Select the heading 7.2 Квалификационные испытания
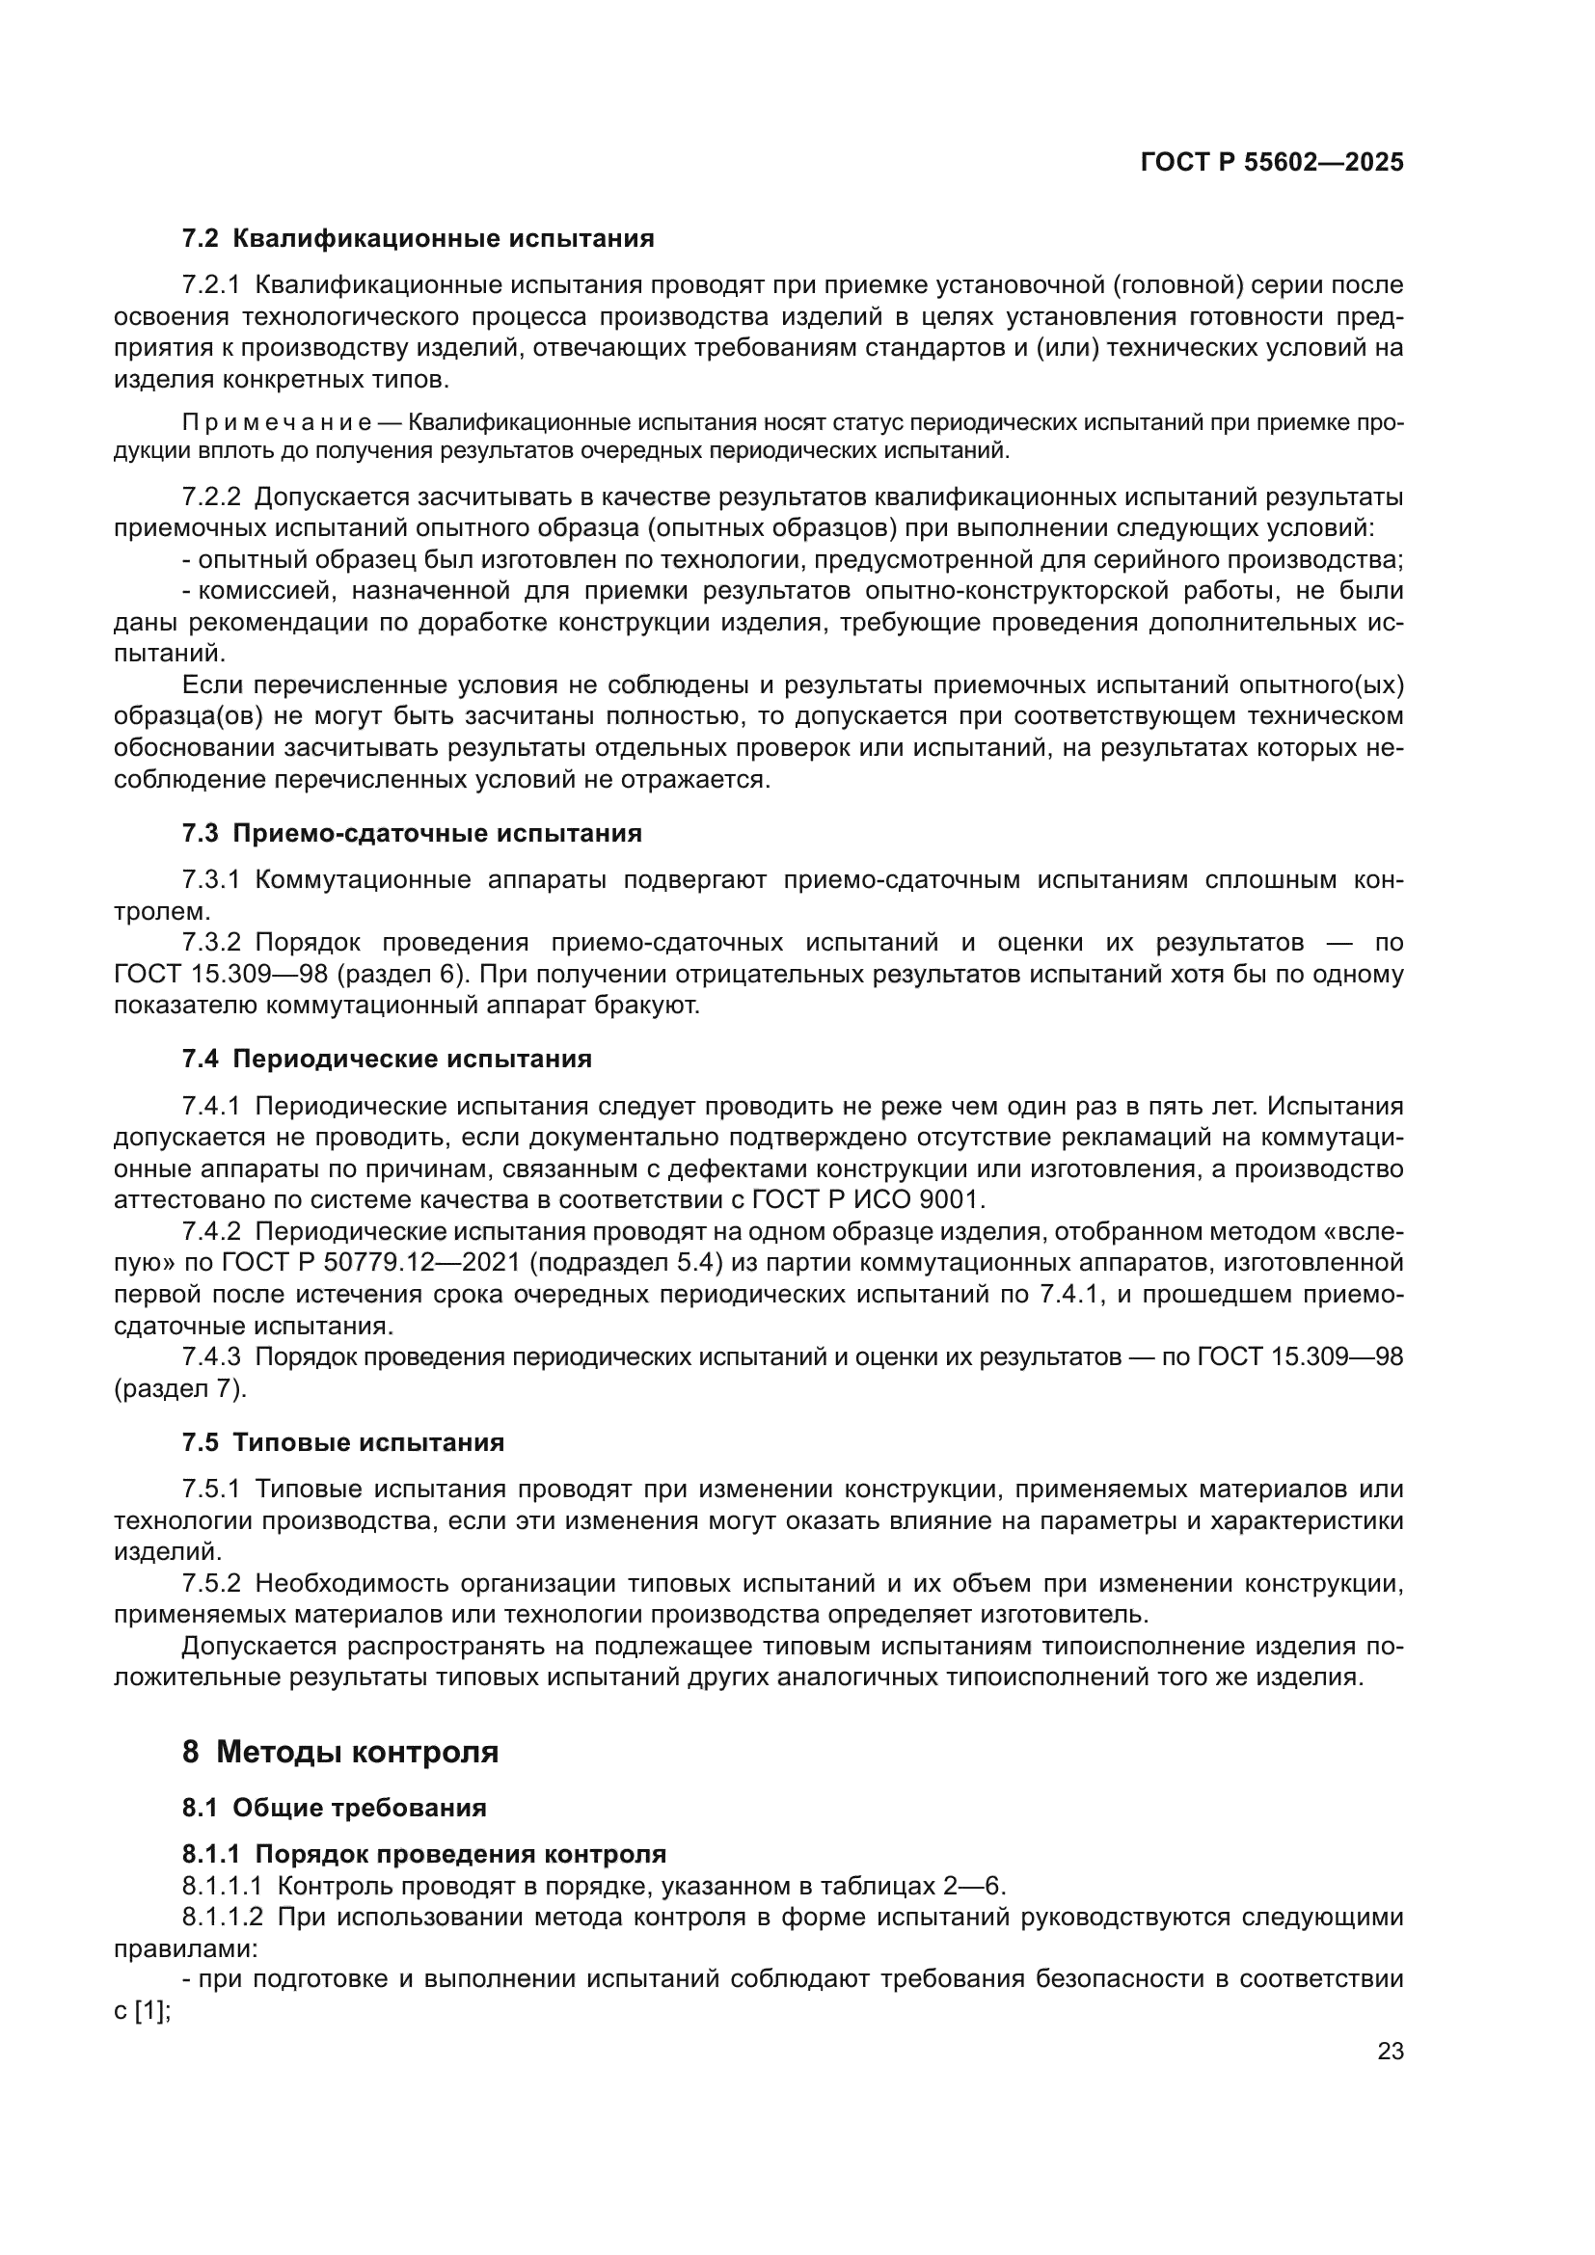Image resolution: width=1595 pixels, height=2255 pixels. click(418, 239)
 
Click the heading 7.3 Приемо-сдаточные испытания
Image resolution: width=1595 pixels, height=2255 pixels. click(412, 834)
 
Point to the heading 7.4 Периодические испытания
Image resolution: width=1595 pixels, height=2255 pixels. click(386, 1059)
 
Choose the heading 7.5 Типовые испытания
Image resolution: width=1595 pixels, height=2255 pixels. click(342, 1443)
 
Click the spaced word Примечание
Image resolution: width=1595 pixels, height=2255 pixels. click(276, 423)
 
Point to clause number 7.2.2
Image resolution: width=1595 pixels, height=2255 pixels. click(211, 497)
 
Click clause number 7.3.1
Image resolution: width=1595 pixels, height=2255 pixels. click(211, 880)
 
